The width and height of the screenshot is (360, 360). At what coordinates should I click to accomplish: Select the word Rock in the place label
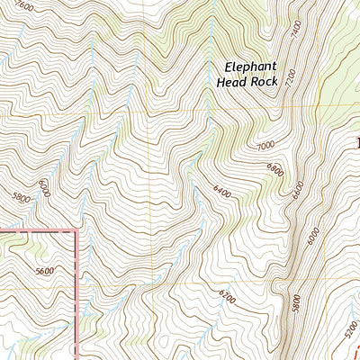pos(264,80)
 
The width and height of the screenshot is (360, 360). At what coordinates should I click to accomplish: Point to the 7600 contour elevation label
pos(25,5)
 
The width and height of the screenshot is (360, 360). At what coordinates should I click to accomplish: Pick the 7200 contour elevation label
pos(290,80)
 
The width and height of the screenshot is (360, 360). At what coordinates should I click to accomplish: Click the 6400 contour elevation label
pos(221,192)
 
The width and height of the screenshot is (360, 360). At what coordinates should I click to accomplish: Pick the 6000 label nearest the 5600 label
pos(43,188)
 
